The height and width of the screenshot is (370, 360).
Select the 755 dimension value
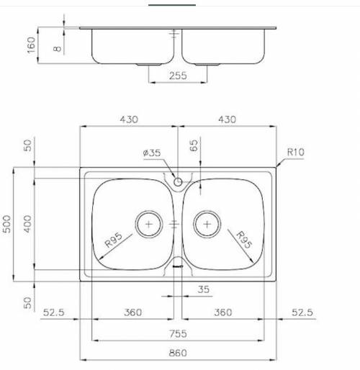(x=177, y=333)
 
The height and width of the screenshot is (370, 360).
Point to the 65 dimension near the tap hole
(x=193, y=146)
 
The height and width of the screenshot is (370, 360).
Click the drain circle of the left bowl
(x=148, y=224)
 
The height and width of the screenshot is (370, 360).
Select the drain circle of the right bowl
(x=207, y=224)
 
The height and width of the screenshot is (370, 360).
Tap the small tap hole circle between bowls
(x=178, y=182)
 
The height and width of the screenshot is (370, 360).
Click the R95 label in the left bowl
(x=116, y=240)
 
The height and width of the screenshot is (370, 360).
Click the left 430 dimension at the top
(x=128, y=119)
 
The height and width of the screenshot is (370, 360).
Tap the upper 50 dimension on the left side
(x=27, y=145)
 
